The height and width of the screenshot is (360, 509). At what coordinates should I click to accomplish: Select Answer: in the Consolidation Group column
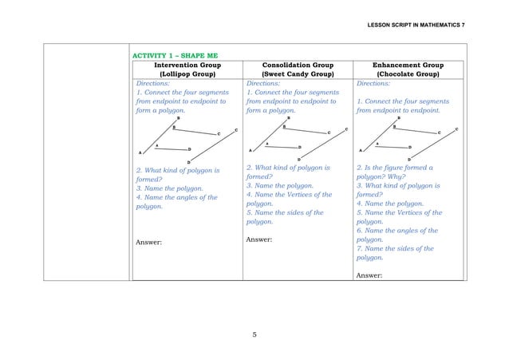pos(262,239)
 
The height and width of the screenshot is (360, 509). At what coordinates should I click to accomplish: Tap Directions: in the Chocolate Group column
pos(375,83)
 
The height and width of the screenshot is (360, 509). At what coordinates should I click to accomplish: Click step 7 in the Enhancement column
pos(399,248)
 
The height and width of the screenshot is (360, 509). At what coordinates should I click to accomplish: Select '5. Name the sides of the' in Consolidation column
pos(285,212)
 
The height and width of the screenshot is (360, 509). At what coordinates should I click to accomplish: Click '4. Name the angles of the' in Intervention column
pos(176,197)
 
